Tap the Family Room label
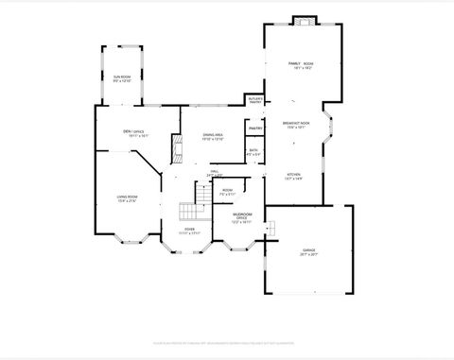(301, 63)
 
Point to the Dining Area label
(213, 135)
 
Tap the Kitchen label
(294, 174)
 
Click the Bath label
(253, 150)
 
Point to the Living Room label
(128, 196)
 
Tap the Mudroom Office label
(243, 216)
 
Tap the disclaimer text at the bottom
(227, 343)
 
